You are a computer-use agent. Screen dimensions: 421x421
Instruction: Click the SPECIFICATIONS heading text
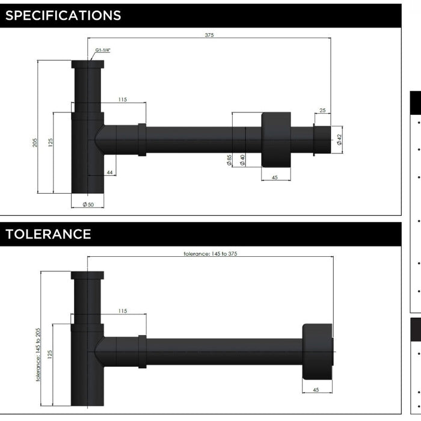click(x=63, y=16)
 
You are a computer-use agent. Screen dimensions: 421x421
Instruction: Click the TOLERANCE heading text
click(x=48, y=234)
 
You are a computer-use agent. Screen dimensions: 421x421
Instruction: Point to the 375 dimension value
click(x=209, y=35)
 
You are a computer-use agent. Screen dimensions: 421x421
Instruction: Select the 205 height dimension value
click(x=35, y=143)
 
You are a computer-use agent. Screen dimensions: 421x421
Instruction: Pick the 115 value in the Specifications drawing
click(x=123, y=99)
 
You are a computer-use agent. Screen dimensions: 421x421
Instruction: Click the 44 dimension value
click(x=109, y=173)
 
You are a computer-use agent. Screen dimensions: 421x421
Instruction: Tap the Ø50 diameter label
click(x=88, y=205)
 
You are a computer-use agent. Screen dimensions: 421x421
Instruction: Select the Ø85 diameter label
click(x=229, y=159)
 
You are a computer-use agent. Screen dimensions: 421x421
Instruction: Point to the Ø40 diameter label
click(x=242, y=159)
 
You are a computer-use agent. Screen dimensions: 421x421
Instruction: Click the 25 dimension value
click(x=322, y=110)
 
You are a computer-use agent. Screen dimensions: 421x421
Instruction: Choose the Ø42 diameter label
click(x=339, y=140)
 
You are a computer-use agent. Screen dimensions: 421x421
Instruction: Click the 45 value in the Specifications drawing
click(x=275, y=177)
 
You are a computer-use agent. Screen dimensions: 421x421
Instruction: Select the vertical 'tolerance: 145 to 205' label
click(x=38, y=355)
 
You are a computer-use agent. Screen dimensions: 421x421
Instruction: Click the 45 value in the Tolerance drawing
click(x=316, y=390)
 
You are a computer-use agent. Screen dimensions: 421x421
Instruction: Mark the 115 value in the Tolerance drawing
click(x=123, y=310)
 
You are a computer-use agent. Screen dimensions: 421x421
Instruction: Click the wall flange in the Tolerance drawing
click(x=316, y=352)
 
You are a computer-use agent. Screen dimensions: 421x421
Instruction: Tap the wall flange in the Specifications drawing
click(x=276, y=140)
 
